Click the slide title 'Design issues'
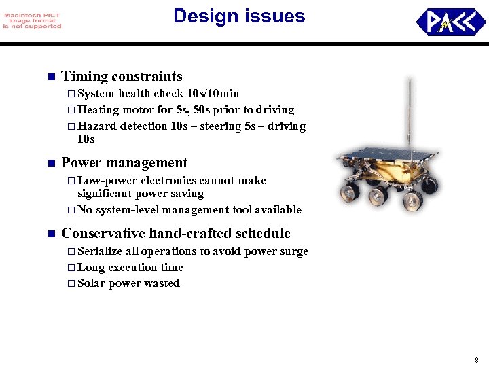coord(239,16)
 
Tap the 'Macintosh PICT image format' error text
coord(32,21)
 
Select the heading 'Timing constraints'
coord(122,76)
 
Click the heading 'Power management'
coord(124,162)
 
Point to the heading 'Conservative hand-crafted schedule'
coord(175,233)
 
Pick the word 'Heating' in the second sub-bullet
coord(98,109)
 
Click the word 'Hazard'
coord(97,126)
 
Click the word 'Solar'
coord(92,283)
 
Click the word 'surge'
coord(294,251)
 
